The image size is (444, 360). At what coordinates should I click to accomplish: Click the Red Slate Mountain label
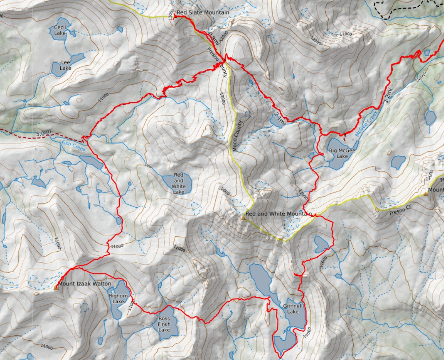(x=203, y=13)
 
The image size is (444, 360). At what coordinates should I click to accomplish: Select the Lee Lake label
(x=66, y=65)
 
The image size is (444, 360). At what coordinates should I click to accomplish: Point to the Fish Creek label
(x=74, y=145)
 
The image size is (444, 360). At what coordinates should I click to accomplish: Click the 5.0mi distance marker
(x=43, y=133)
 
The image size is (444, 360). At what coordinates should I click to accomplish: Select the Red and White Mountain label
(x=279, y=214)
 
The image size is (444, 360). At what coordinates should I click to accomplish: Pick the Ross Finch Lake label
(x=164, y=324)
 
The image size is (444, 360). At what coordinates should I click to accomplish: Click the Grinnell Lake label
(x=293, y=309)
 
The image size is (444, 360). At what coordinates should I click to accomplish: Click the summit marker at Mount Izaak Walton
(x=56, y=288)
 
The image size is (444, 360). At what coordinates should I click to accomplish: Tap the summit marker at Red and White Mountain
(x=243, y=218)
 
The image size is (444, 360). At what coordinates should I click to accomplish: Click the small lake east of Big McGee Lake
(x=398, y=162)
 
